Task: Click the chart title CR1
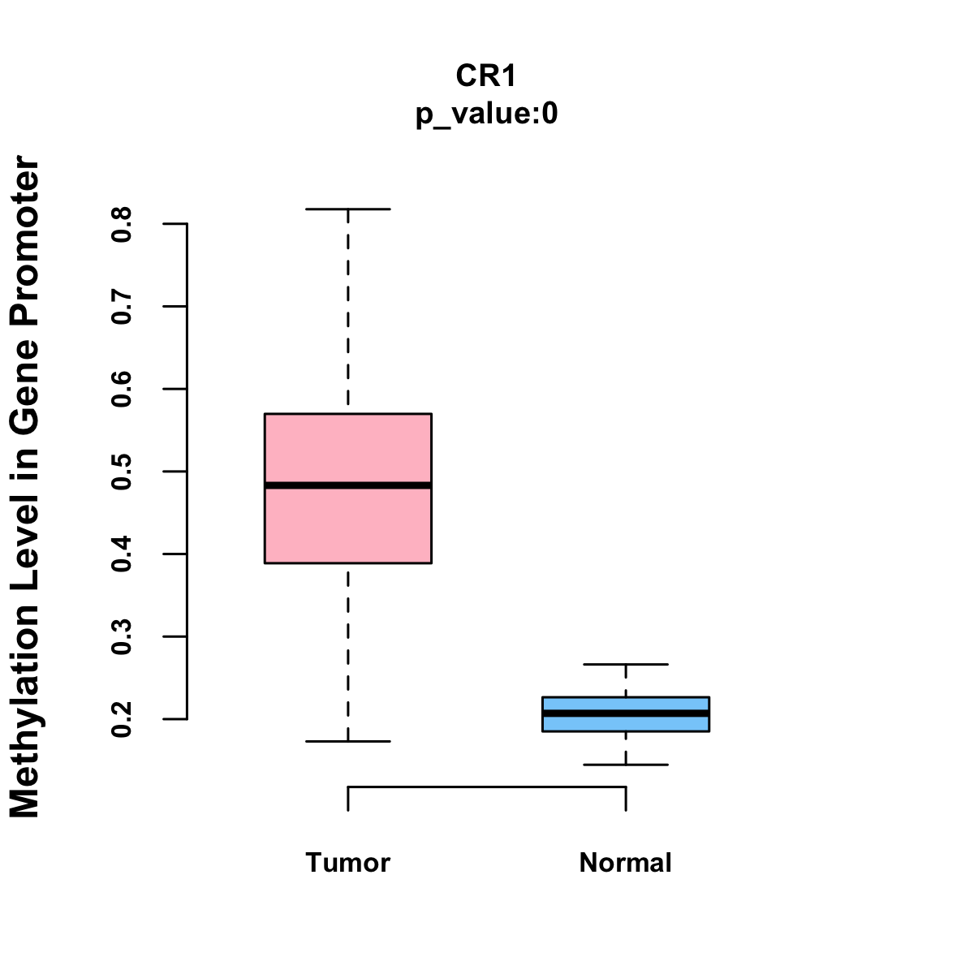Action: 486,76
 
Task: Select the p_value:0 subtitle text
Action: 486,114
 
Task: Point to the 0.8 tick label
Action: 122,224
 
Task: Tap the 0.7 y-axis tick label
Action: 122,306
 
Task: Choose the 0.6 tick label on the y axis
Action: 122,389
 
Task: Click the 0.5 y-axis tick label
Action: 122,472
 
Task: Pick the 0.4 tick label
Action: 122,554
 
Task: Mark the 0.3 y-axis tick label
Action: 122,637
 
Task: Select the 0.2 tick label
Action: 122,719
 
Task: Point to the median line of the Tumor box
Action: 348,485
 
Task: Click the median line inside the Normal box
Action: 626,713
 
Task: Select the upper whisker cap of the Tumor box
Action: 348,209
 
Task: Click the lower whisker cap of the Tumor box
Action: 348,741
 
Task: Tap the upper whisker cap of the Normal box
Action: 626,665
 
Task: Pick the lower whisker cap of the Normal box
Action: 626,765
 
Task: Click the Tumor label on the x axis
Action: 348,863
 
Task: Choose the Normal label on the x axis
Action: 626,863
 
